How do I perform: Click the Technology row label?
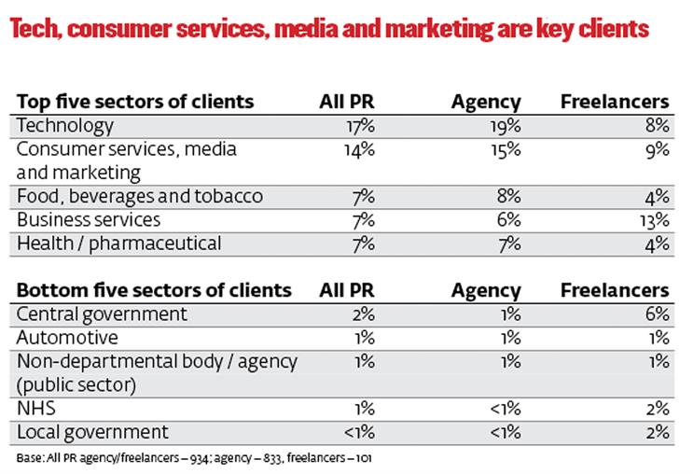click(x=65, y=127)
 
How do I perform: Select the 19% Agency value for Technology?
click(x=506, y=127)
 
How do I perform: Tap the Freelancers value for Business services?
click(x=655, y=220)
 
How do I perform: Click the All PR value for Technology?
click(x=360, y=127)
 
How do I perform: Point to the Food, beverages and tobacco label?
click(x=140, y=196)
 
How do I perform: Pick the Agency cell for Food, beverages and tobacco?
click(x=508, y=196)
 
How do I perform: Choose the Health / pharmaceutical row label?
click(x=118, y=244)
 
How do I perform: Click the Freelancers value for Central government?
click(x=658, y=314)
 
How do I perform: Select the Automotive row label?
click(x=67, y=338)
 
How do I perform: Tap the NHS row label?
click(x=35, y=408)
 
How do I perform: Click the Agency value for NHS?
click(x=506, y=409)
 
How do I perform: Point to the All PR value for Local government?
click(x=359, y=432)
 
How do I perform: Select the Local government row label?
click(x=92, y=432)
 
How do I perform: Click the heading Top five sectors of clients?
click(x=135, y=102)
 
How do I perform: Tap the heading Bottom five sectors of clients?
click(x=154, y=290)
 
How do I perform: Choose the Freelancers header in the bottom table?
click(x=615, y=290)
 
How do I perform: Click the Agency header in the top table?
click(x=486, y=103)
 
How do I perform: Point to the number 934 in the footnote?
click(x=200, y=458)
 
